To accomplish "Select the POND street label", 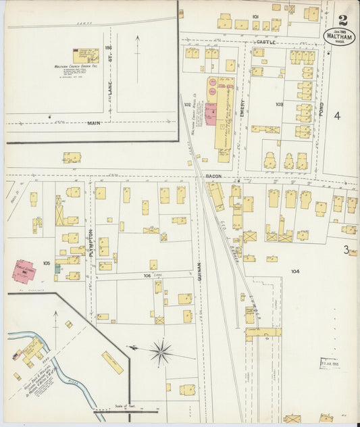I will coord(322,109).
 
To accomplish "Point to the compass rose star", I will coord(161,351).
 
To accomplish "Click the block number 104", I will coord(295,271).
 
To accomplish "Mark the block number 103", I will coord(280,105).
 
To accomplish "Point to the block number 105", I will coord(47,262).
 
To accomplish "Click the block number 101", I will coord(256,16).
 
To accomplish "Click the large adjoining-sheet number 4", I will coord(336,116).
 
